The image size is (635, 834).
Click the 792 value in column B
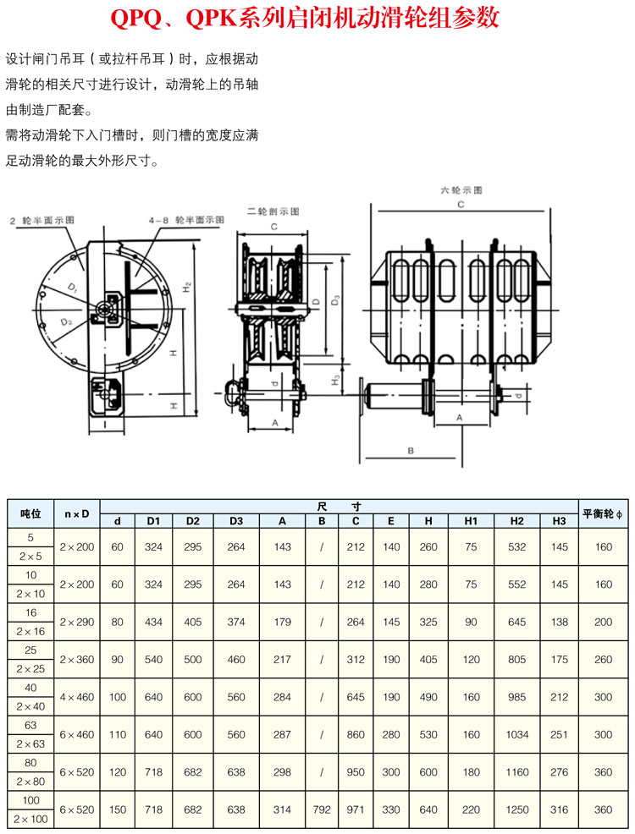[x=322, y=809]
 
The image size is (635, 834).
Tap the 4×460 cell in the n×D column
[x=77, y=697]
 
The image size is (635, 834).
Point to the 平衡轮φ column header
[x=603, y=513]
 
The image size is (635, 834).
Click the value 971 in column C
[x=356, y=809]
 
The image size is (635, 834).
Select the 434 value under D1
[x=153, y=622]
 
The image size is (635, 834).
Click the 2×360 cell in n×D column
[x=77, y=659]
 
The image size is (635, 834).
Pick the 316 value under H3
[x=559, y=809]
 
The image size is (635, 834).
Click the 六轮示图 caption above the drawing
[x=461, y=191]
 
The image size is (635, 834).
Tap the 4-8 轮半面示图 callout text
[x=186, y=220]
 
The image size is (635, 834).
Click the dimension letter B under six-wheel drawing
[x=410, y=451]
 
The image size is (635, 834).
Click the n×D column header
[x=77, y=513]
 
